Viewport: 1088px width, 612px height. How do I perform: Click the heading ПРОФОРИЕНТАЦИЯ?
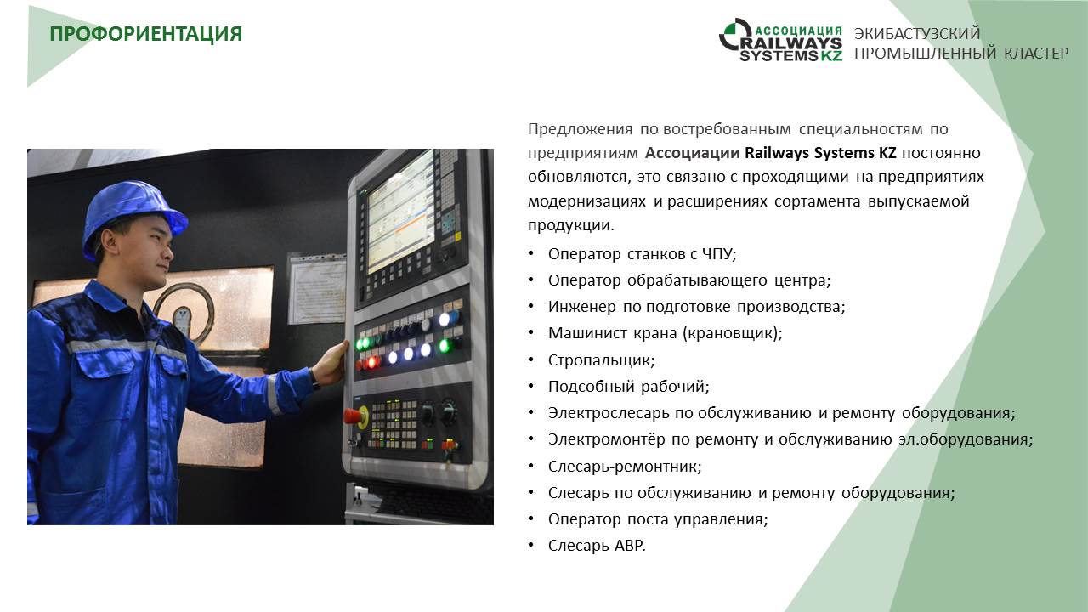pos(145,35)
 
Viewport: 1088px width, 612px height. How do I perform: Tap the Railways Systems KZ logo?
pos(780,40)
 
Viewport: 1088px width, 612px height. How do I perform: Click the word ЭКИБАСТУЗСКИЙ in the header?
pos(917,33)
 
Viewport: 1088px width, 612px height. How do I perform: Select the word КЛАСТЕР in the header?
pos(1036,53)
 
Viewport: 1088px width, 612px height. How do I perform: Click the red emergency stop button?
pos(354,416)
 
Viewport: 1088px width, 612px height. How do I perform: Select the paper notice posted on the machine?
pos(317,288)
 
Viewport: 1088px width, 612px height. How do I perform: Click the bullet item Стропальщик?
pos(601,360)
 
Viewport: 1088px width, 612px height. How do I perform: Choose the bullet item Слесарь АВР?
pos(597,546)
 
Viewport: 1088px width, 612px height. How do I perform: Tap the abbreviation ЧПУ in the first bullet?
pos(719,254)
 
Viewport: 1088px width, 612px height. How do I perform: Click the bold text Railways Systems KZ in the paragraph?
pos(820,153)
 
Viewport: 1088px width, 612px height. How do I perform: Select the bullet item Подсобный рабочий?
pos(628,387)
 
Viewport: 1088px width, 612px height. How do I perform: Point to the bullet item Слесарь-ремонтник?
pos(625,467)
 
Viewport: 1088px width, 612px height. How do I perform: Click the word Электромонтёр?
pos(606,439)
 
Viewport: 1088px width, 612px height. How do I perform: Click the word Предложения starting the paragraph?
pos(580,130)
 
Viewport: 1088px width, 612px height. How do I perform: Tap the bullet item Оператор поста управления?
pos(658,519)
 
